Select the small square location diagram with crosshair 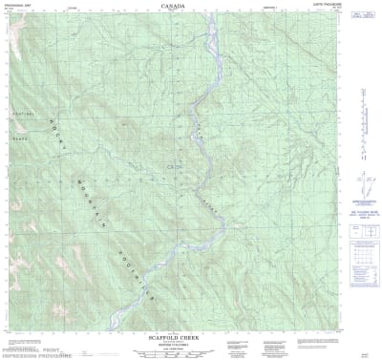pyautogui.click(x=364, y=230)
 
